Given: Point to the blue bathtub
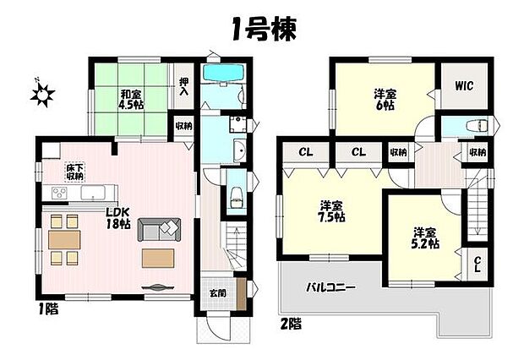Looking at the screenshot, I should pyautogui.click(x=224, y=75).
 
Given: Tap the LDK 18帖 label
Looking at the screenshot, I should pyautogui.click(x=117, y=218).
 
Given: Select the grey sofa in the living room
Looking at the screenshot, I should pyautogui.click(x=160, y=228).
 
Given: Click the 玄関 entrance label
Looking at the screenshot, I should pyautogui.click(x=217, y=292).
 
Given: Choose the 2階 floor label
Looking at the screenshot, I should pyautogui.click(x=292, y=322).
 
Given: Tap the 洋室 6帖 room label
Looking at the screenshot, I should pyautogui.click(x=385, y=100).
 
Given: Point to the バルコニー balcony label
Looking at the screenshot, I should pyautogui.click(x=330, y=287).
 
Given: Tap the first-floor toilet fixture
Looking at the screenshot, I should pyautogui.click(x=236, y=200).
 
